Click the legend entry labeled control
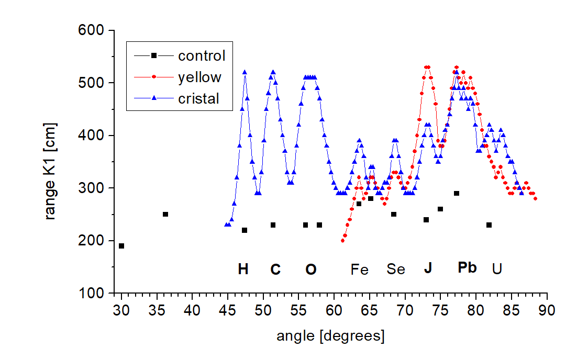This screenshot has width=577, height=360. pyautogui.click(x=201, y=55)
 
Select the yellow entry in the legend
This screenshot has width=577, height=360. pyautogui.click(x=199, y=77)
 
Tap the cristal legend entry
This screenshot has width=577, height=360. pyautogui.click(x=198, y=98)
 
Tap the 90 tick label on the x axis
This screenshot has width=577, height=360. pyautogui.click(x=547, y=309)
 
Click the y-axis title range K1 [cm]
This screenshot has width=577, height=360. pyautogui.click(x=51, y=163)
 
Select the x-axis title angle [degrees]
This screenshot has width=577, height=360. pyautogui.click(x=330, y=335)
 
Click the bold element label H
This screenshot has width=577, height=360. pyautogui.click(x=243, y=269)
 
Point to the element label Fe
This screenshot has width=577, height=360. pyautogui.click(x=360, y=269)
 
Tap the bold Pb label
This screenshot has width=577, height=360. pyautogui.click(x=467, y=267)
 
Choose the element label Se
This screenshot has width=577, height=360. pyautogui.click(x=396, y=269)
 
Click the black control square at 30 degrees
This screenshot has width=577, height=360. pyautogui.click(x=121, y=246)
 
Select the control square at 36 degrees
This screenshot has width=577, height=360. pyautogui.click(x=165, y=214)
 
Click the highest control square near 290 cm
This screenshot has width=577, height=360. pyautogui.click(x=457, y=194)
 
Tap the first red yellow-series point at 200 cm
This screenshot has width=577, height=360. pyautogui.click(x=343, y=241)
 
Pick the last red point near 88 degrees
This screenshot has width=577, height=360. pyautogui.click(x=535, y=198)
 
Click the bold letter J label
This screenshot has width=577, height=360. pyautogui.click(x=428, y=268)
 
